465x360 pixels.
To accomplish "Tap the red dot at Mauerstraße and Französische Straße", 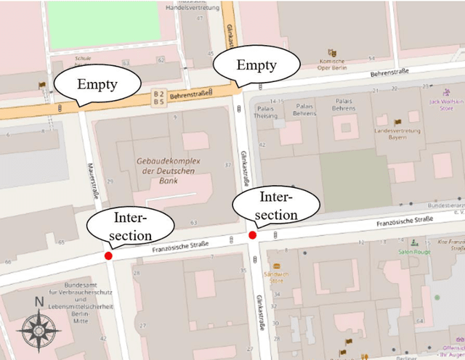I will [x=108, y=255].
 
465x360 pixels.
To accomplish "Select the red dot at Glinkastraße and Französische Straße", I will [x=252, y=234].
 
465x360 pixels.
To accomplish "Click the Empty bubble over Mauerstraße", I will [x=97, y=84].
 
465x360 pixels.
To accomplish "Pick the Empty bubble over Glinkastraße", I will [x=256, y=66].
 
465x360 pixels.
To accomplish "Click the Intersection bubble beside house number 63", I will [x=131, y=226].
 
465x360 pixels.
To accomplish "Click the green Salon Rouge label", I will [x=414, y=252].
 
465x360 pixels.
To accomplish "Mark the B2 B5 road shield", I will [x=159, y=97].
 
